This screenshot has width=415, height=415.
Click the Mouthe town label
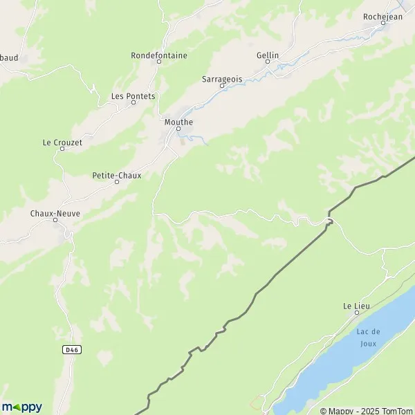click(x=178, y=122)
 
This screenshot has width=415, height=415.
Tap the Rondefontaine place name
click(x=159, y=55)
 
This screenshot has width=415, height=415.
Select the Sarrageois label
click(x=223, y=79)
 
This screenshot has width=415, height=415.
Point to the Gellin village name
click(x=268, y=55)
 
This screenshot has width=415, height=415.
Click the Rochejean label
click(x=383, y=17)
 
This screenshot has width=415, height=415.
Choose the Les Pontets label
click(x=133, y=96)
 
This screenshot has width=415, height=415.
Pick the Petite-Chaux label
click(x=117, y=175)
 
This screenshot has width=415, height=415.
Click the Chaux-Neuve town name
click(x=55, y=214)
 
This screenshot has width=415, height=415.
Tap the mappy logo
click(x=22, y=407)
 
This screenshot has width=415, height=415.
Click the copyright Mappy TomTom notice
click(x=366, y=411)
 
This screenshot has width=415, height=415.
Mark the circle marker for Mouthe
click(x=178, y=129)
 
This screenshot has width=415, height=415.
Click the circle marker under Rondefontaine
click(x=159, y=62)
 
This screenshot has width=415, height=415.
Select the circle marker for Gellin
click(x=268, y=62)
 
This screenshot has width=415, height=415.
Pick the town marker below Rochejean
click(x=383, y=24)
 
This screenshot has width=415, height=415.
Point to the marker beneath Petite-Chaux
click(x=117, y=182)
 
